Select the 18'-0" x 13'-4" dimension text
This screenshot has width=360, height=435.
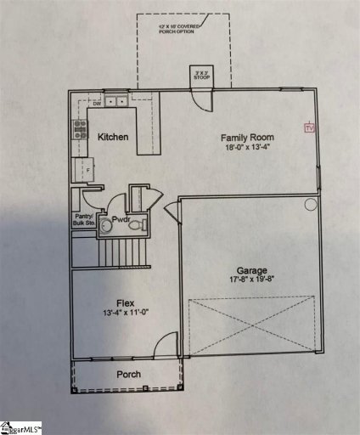tap(248, 147)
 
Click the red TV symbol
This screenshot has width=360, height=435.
tap(310, 127)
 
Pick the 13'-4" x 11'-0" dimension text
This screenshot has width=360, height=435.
tap(127, 313)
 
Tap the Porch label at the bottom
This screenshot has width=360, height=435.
tap(128, 375)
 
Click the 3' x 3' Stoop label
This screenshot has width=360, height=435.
tap(201, 75)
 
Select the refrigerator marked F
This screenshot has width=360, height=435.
tap(83, 169)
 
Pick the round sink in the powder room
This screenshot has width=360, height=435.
tap(105, 226)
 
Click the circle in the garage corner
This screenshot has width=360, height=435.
tap(310, 205)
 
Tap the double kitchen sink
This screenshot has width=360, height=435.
tap(117, 103)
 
